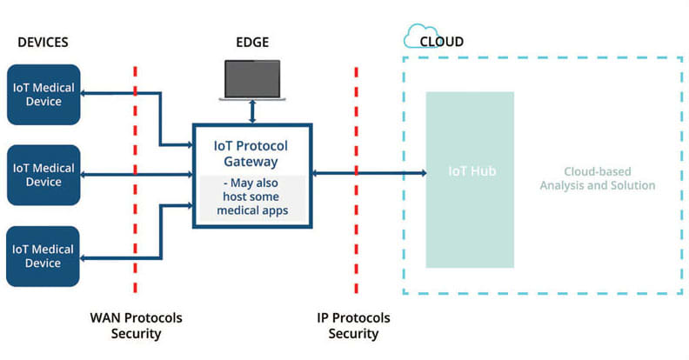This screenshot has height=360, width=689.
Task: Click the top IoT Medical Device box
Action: [43, 94]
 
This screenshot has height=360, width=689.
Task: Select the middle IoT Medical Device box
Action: [43, 175]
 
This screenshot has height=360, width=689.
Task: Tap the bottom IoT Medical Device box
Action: [43, 256]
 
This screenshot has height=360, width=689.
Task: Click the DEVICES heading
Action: [42, 42]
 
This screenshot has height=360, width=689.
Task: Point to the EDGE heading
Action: [253, 42]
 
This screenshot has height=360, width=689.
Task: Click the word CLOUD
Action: [441, 41]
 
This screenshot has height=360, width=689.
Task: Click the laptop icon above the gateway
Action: [252, 78]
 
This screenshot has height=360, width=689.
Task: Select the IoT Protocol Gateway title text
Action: [251, 154]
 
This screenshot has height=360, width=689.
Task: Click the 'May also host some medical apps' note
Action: [251, 197]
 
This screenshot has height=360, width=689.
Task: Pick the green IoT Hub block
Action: [470, 178]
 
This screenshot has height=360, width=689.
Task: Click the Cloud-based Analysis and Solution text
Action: [597, 178]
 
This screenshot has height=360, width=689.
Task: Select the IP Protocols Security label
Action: [354, 325]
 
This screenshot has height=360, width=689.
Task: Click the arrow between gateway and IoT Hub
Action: [370, 174]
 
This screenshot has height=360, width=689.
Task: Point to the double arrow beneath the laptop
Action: [252, 111]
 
